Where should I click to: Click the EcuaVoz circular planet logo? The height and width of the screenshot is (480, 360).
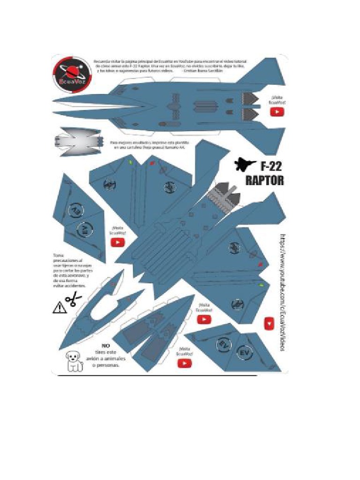click(x=71, y=74)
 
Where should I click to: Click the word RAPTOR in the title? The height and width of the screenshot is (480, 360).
click(x=265, y=180)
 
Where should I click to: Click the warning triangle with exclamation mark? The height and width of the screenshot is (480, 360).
click(x=60, y=307)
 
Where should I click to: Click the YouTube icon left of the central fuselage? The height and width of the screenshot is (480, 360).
click(x=117, y=242)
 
